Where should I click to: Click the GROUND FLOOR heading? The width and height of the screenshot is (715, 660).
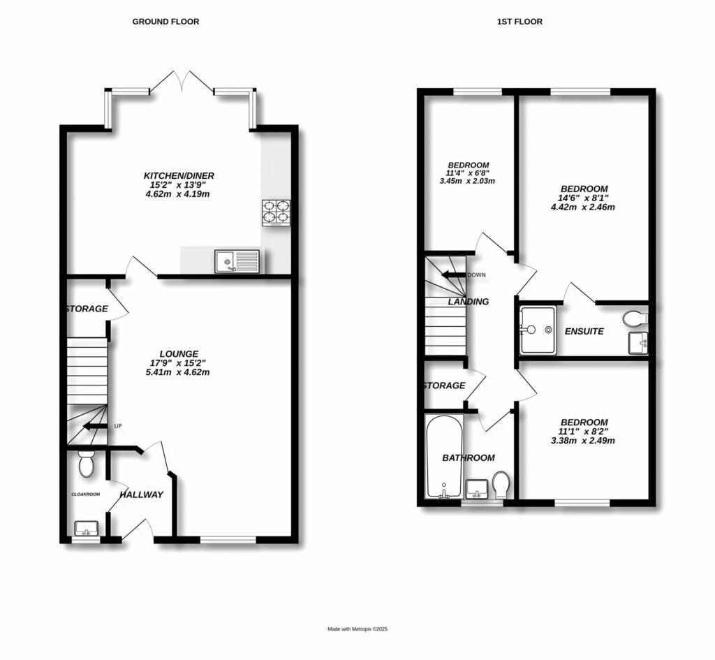[x=165, y=22]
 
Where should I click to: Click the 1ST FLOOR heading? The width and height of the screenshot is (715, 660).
[x=519, y=22]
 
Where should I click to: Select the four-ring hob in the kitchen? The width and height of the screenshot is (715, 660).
[x=275, y=213]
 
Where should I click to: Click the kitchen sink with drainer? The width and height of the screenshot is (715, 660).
[x=237, y=262]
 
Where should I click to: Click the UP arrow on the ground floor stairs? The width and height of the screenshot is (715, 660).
[x=95, y=426]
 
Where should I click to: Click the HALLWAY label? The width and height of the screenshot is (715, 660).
[x=141, y=495]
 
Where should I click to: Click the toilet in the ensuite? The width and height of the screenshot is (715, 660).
[x=635, y=318]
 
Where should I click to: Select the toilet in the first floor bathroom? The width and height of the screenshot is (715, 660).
[x=501, y=484]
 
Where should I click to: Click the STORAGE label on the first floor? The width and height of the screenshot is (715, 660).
[x=443, y=386]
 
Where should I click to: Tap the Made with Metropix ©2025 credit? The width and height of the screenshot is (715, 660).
[x=357, y=629]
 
